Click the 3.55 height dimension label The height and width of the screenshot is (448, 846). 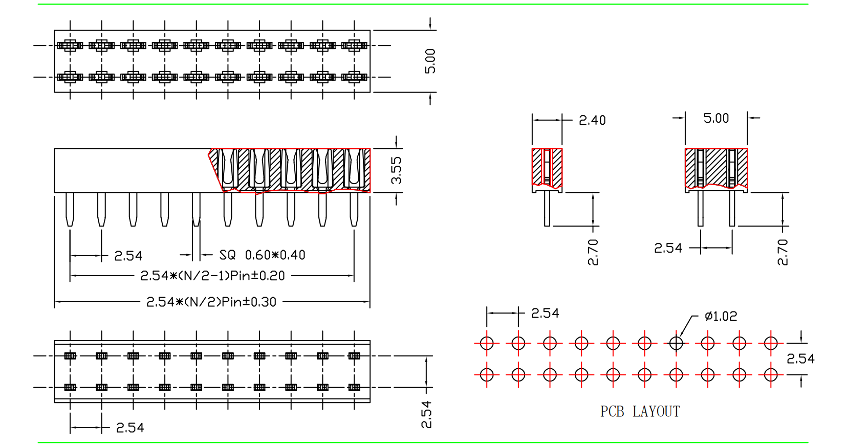pyautogui.click(x=396, y=170)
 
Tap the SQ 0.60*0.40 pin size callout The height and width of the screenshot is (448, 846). pyautogui.click(x=262, y=255)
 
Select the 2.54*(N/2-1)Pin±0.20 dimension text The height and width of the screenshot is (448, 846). pyautogui.click(x=212, y=276)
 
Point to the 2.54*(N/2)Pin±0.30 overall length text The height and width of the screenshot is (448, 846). pyautogui.click(x=211, y=302)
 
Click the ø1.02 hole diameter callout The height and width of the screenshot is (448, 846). pyautogui.click(x=721, y=317)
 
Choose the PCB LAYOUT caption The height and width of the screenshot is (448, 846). pyautogui.click(x=640, y=412)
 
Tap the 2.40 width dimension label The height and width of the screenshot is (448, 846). pyautogui.click(x=592, y=121)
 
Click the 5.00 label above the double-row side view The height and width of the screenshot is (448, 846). pyautogui.click(x=716, y=119)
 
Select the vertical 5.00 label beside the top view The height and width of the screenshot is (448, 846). pyautogui.click(x=430, y=61)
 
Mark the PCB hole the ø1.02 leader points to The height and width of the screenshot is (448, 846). pyautogui.click(x=676, y=343)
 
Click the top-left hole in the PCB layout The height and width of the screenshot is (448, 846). pyautogui.click(x=487, y=343)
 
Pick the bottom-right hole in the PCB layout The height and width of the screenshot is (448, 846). pyautogui.click(x=771, y=375)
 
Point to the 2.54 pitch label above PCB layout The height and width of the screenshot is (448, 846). pyautogui.click(x=545, y=313)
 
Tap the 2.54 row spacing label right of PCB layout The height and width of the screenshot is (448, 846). pyautogui.click(x=800, y=359)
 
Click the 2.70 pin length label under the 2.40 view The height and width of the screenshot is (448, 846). pyautogui.click(x=593, y=252)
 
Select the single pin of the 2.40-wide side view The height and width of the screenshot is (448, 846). pyautogui.click(x=547, y=208)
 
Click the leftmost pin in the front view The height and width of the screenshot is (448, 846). pyautogui.click(x=70, y=209)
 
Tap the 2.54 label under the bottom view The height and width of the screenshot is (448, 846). pyautogui.click(x=130, y=428)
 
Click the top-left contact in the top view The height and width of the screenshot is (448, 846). pyautogui.click(x=70, y=46)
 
